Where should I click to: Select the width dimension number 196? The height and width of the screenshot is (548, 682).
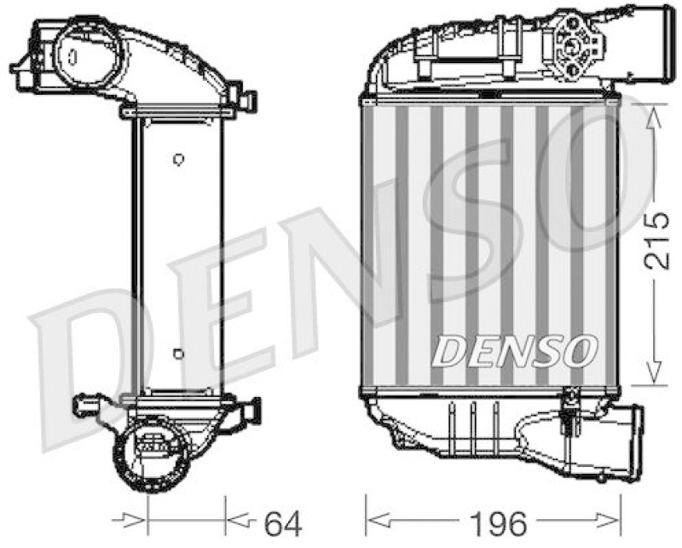(x=494, y=519)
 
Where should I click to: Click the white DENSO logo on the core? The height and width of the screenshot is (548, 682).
(x=514, y=348)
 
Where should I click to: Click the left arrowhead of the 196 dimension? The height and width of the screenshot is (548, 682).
(x=376, y=517)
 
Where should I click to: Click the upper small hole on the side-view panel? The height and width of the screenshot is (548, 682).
(x=177, y=159)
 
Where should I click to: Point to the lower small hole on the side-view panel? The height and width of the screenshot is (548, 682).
(x=177, y=353)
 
